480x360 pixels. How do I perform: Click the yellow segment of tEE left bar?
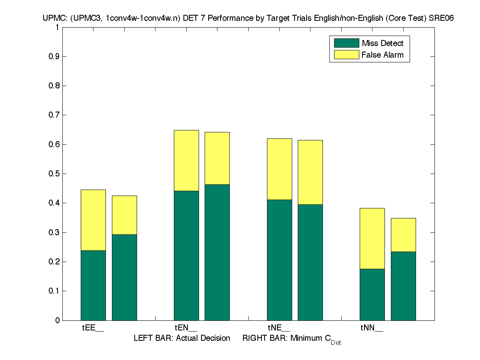[x=93, y=220]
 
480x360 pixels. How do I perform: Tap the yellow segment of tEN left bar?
[x=186, y=160]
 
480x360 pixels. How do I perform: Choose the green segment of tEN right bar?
[x=217, y=252]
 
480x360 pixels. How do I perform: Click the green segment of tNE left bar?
[x=279, y=260]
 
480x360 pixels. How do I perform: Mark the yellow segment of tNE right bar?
[x=310, y=172]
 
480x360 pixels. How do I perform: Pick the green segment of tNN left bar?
[x=372, y=294]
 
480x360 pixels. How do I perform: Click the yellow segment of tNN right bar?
[x=403, y=235]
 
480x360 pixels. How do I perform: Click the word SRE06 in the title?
[x=442, y=18]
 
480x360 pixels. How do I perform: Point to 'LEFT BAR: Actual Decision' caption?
[x=182, y=338]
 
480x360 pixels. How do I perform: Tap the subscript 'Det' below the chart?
[x=336, y=343]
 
